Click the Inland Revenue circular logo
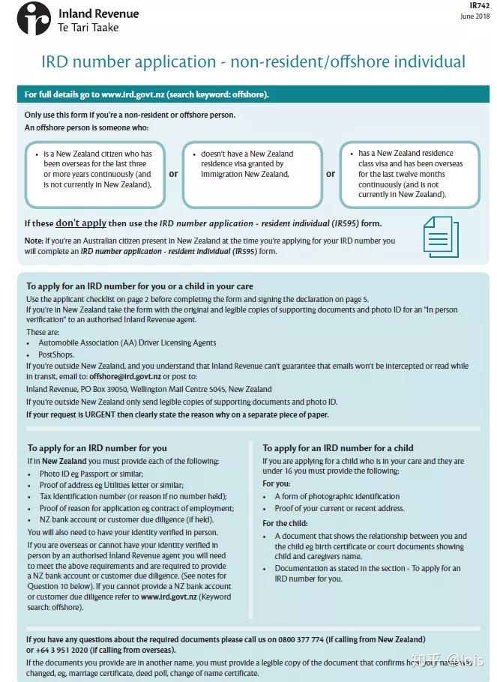coord(33,19)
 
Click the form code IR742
coord(479,5)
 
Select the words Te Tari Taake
coord(88,28)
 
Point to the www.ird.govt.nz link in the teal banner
coord(132,94)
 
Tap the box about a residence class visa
coord(409,174)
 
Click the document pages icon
coord(440,236)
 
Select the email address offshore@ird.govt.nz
coord(124,376)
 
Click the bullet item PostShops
coord(57,354)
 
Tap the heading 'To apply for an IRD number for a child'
coord(338,448)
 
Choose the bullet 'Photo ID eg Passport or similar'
coord(93,474)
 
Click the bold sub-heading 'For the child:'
coord(285,523)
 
